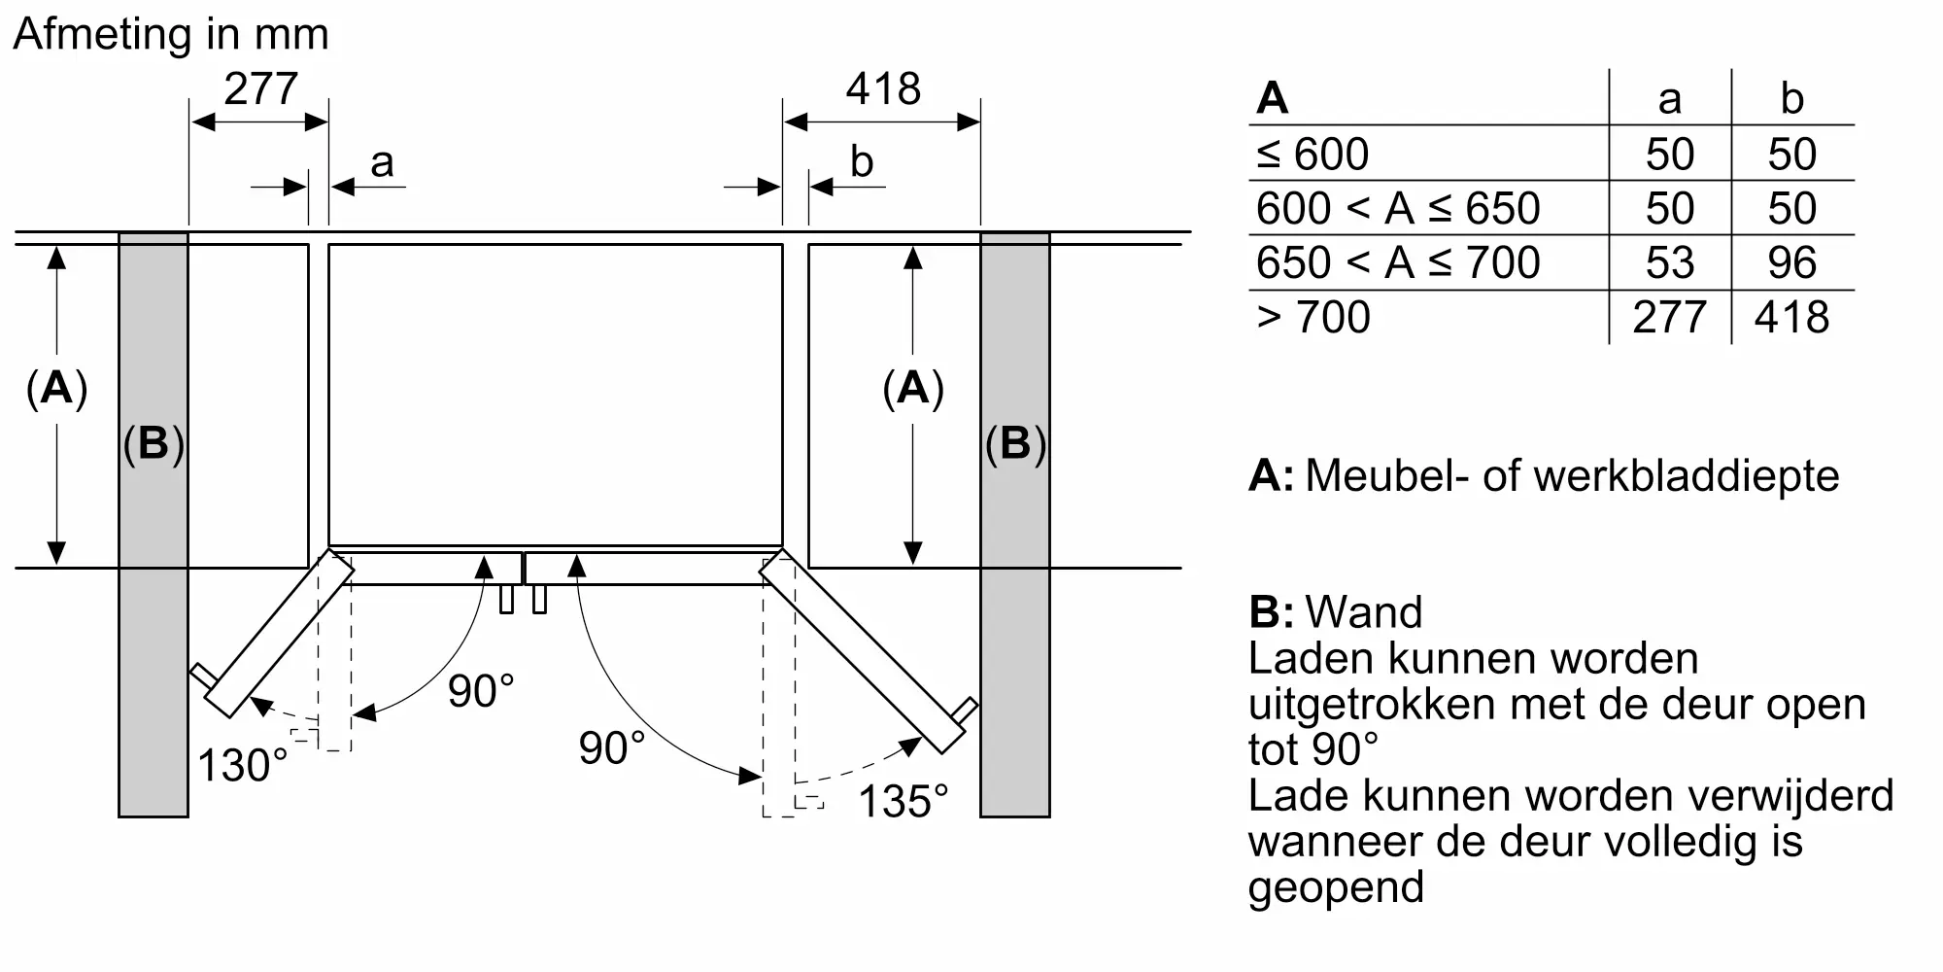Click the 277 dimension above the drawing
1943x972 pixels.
tap(260, 89)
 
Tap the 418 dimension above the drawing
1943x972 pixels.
tap(882, 89)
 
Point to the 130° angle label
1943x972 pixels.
tap(243, 766)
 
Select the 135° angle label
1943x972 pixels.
tap(903, 802)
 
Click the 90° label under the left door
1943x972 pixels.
tap(481, 691)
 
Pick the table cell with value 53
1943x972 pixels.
tap(1669, 262)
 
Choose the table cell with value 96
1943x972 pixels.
tap(1791, 262)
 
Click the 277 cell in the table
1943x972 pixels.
tap(1669, 317)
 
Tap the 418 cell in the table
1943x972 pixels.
tap(1791, 317)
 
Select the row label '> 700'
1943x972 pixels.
tap(1313, 317)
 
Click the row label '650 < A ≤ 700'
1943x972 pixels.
tap(1398, 262)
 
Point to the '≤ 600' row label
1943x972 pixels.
tap(1312, 154)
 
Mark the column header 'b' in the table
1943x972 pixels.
tap(1791, 99)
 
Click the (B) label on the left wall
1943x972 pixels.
tap(153, 443)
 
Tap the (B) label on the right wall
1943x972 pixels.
tap(1014, 443)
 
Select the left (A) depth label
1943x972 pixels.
tap(56, 388)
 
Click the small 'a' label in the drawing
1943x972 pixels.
tap(382, 162)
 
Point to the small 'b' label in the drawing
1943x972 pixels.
tap(861, 161)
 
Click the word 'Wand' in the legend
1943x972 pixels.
tap(1364, 612)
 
